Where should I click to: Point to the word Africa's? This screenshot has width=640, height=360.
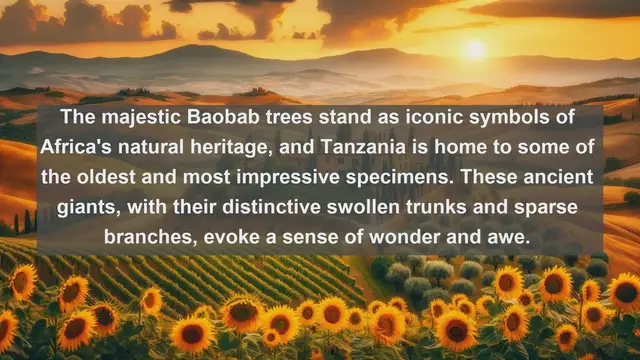click(83, 148)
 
